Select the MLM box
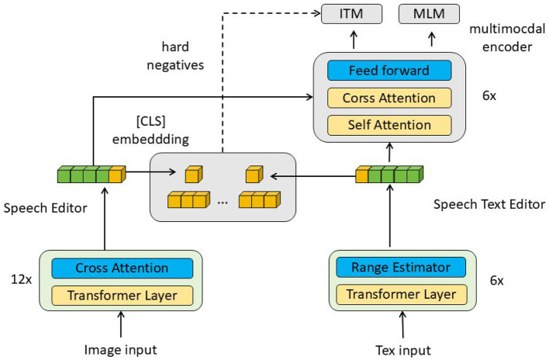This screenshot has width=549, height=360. (428, 13)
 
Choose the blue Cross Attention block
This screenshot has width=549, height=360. (121, 268)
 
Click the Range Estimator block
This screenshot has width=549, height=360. (401, 268)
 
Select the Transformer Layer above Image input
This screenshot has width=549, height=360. (121, 295)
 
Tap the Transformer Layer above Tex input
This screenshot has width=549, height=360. (401, 295)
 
